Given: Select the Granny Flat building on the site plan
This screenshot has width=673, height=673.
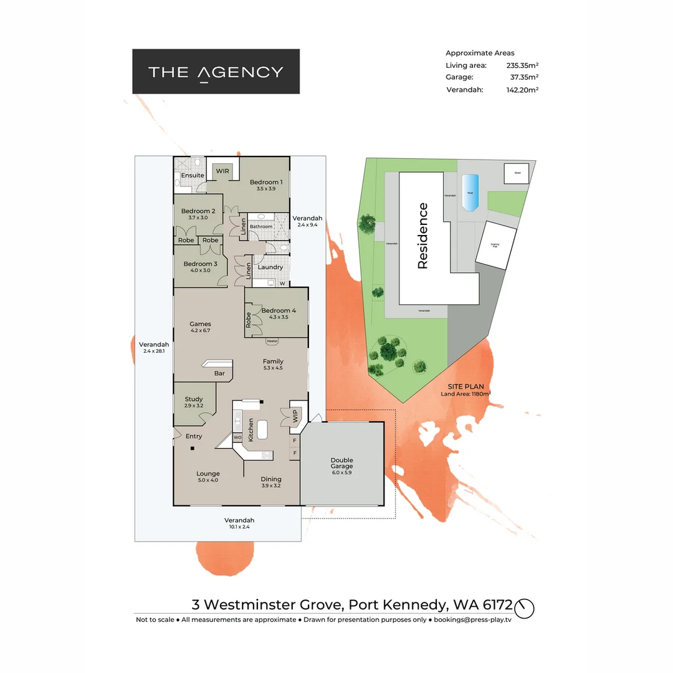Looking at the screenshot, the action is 497,246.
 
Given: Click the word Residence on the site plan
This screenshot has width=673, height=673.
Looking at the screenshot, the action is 423,236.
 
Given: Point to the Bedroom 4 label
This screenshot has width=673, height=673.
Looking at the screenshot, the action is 279,310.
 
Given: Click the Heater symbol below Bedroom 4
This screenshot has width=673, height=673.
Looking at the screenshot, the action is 272,341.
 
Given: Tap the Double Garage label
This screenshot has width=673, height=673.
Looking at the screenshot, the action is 341,464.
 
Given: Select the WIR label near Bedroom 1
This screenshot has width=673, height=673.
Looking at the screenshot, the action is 222,171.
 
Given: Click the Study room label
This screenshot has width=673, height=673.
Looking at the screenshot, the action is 194,399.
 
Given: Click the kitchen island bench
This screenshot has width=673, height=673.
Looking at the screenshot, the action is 262,430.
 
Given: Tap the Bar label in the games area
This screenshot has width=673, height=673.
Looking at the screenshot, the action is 219,374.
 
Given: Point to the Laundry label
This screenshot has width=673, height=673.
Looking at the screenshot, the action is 270,267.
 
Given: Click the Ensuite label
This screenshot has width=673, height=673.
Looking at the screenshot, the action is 193,176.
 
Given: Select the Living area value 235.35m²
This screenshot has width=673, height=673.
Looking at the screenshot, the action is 522,65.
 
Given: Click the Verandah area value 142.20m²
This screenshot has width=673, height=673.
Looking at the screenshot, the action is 522,90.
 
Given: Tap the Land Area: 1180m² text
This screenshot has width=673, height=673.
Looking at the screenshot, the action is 465,394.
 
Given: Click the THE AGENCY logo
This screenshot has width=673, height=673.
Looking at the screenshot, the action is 216,72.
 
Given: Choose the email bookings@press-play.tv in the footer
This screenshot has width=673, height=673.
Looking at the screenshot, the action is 473,619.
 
